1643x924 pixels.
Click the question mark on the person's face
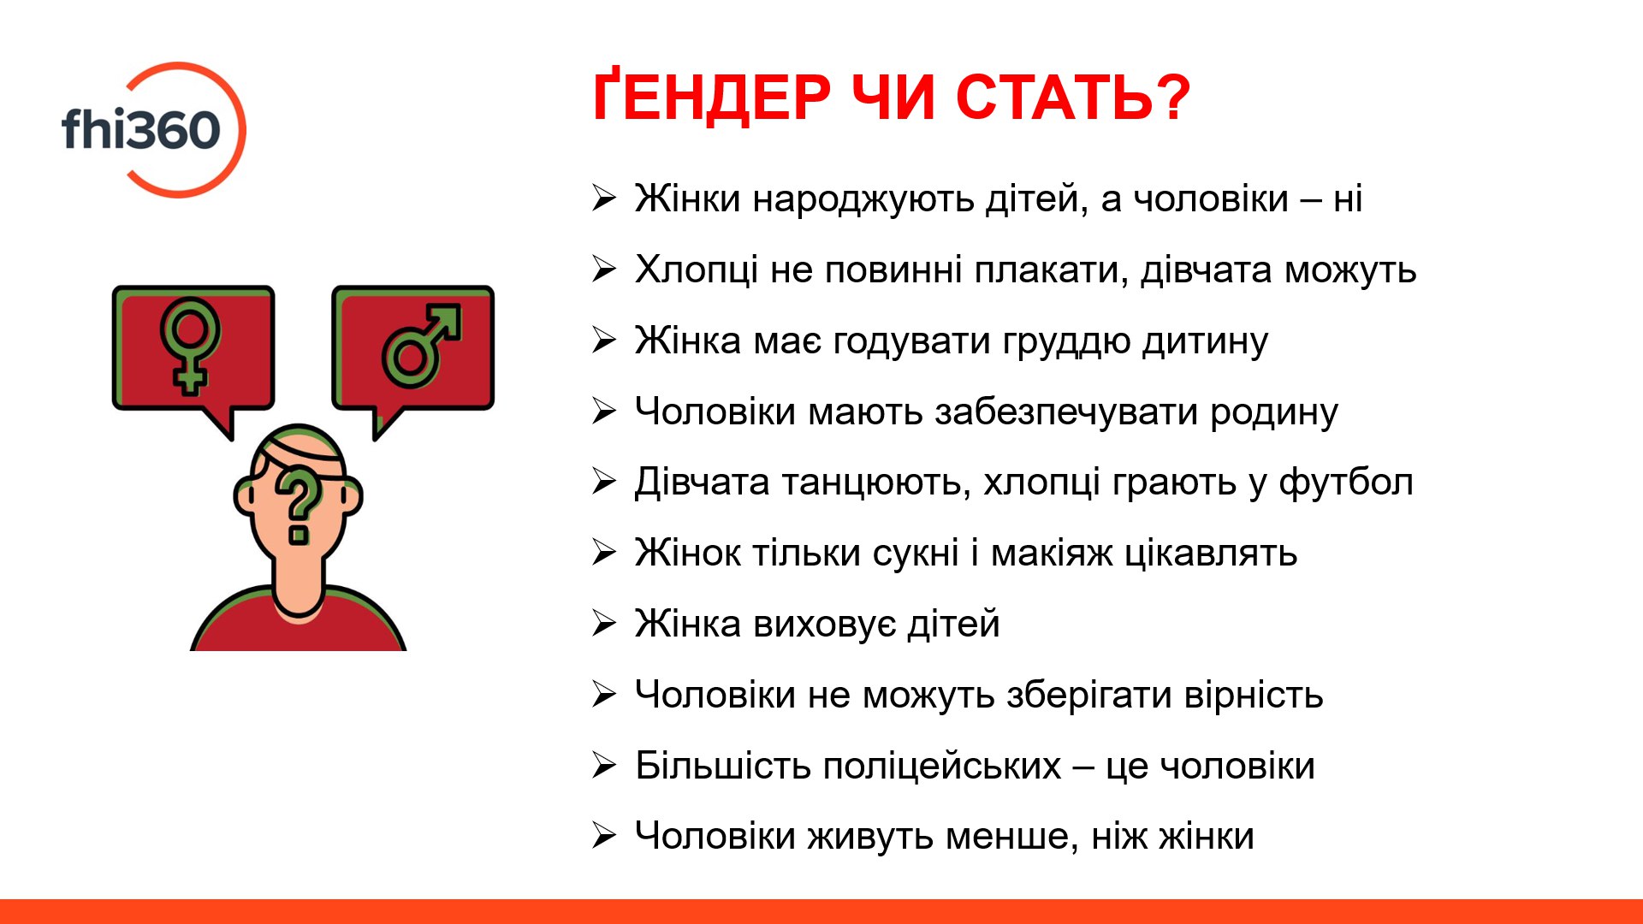[298, 505]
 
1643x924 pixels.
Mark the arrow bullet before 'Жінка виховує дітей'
[604, 624]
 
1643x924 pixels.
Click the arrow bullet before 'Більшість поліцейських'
[604, 765]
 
